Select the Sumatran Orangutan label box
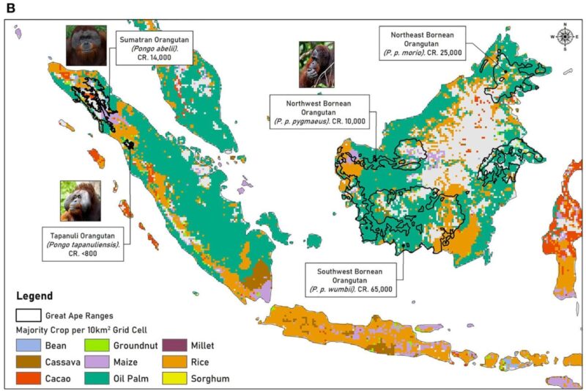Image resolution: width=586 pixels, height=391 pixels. coord(152,48)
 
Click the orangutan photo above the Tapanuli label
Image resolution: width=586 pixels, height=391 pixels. coord(81,200)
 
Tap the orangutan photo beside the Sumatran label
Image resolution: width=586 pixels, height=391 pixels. coord(86,45)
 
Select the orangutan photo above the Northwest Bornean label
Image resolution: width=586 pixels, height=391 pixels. coord(316,65)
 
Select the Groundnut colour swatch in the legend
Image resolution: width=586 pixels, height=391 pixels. coord(95,346)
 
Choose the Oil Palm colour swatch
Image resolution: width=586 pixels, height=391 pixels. coord(95,379)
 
